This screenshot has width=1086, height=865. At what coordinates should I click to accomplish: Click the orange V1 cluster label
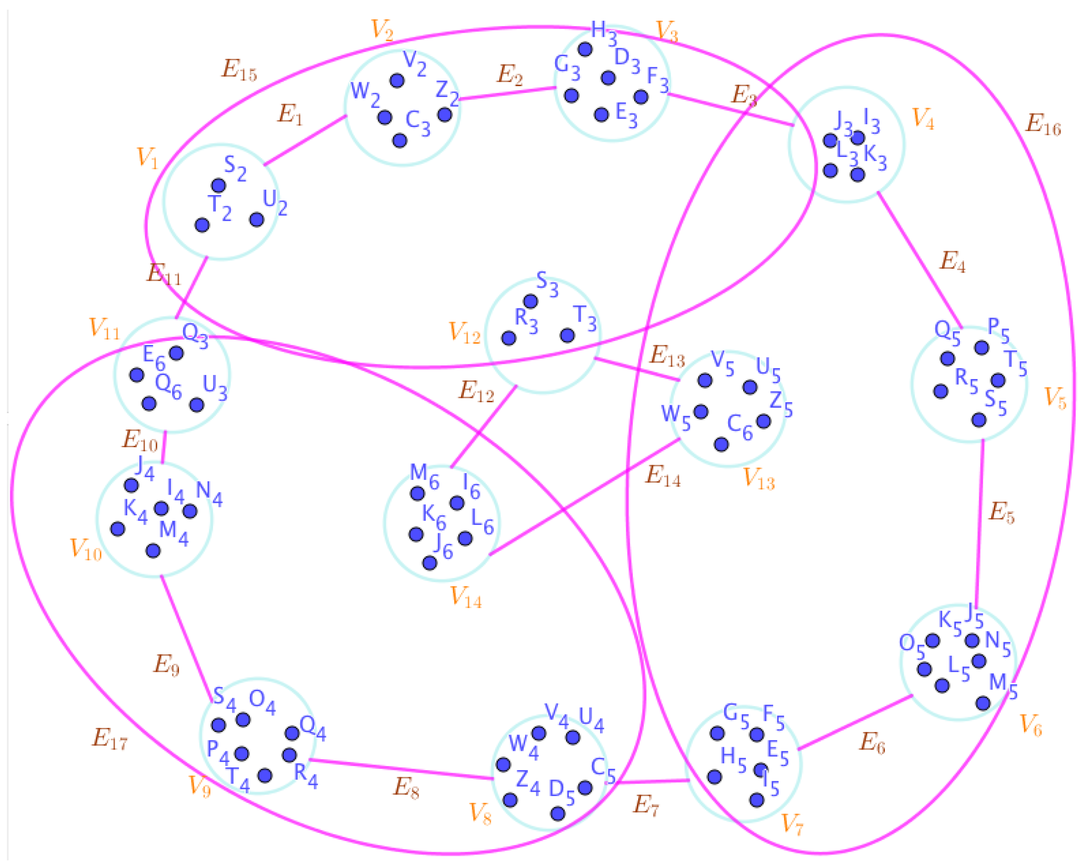[x=147, y=158]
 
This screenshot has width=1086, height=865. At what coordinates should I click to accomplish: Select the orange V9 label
[x=199, y=786]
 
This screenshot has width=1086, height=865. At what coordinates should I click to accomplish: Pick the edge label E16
[x=1043, y=124]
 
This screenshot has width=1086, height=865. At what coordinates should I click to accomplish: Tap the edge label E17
[x=110, y=738]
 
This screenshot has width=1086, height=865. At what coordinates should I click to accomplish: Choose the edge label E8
[x=406, y=787]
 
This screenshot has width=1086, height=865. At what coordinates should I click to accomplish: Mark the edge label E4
[x=953, y=261]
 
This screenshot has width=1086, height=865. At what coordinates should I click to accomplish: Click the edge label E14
[x=662, y=476]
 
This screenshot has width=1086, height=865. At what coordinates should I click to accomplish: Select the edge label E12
[x=476, y=391]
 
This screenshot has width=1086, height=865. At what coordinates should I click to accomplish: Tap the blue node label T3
[x=585, y=318]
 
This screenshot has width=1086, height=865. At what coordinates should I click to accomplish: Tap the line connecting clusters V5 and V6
[x=980, y=524]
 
